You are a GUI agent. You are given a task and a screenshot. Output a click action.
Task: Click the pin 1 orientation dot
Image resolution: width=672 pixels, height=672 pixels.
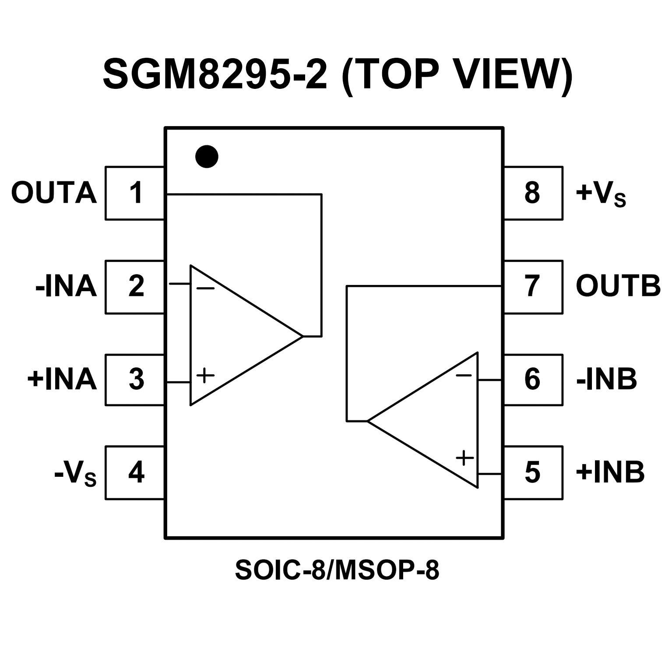click(207, 156)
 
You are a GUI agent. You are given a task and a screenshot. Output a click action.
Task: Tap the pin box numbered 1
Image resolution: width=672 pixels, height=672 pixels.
click(135, 193)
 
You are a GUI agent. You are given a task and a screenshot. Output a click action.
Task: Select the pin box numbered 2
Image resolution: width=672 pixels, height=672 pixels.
click(135, 287)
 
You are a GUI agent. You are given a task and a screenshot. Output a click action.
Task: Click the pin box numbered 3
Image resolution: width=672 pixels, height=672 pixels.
click(135, 380)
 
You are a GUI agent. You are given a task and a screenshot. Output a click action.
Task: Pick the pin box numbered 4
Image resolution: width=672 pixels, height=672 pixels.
click(135, 472)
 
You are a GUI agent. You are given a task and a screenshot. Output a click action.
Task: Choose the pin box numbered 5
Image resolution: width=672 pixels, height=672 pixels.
click(533, 472)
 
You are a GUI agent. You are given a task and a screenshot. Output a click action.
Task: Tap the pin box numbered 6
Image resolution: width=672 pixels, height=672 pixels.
click(533, 380)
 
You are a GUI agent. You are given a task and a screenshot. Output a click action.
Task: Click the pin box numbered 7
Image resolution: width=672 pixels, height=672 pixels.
click(533, 287)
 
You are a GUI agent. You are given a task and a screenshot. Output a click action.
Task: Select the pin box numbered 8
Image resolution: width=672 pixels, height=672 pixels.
click(533, 193)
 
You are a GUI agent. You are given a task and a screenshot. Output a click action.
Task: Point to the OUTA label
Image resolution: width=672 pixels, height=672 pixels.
click(53, 193)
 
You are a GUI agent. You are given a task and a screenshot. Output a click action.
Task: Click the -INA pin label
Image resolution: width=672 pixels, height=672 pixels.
click(66, 287)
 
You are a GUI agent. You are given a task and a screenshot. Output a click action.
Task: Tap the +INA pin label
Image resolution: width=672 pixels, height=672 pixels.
click(62, 380)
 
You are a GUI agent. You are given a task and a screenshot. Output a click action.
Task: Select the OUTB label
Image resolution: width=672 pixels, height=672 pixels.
click(618, 287)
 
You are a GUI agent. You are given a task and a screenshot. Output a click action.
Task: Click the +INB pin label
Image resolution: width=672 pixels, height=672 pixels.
click(610, 472)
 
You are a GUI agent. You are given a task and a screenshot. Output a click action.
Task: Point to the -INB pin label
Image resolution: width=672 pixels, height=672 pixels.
click(606, 380)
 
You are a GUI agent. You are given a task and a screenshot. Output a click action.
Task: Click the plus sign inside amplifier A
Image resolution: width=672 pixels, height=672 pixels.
click(205, 375)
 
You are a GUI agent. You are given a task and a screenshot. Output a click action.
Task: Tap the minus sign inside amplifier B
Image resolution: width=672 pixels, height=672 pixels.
click(464, 375)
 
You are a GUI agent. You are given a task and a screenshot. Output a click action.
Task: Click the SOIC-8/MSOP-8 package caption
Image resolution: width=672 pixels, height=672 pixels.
click(337, 570)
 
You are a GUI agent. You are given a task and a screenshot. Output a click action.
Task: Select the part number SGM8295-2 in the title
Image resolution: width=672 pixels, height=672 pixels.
click(215, 74)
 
